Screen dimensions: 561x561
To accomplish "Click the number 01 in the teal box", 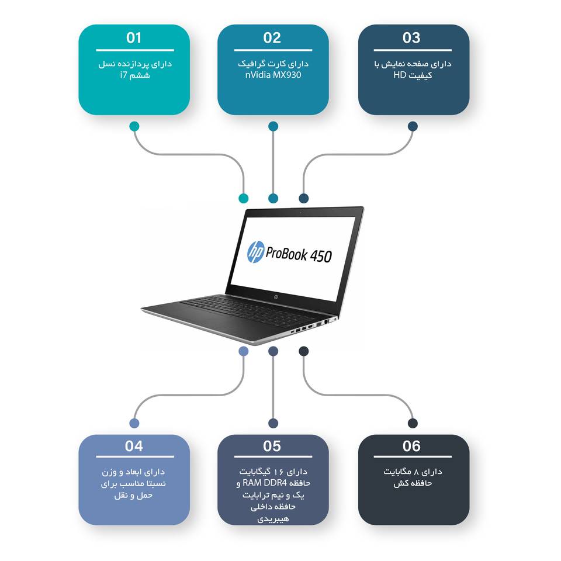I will pyautogui.click(x=134, y=39).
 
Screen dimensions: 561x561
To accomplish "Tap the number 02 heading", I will pyautogui.click(x=272, y=39).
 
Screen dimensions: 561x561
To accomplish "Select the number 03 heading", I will pyautogui.click(x=411, y=39).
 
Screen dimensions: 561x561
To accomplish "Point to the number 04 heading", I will pyautogui.click(x=134, y=446).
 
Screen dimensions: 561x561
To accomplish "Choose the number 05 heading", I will pyautogui.click(x=272, y=446).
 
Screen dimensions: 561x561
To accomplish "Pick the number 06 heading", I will pyautogui.click(x=411, y=446).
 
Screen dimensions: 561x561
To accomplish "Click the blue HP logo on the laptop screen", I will pyautogui.click(x=256, y=252).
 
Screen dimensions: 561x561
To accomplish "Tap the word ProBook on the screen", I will pyautogui.click(x=286, y=254).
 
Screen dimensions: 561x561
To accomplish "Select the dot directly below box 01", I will pyautogui.click(x=134, y=126).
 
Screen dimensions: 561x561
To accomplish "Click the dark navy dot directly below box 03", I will pyautogui.click(x=413, y=126).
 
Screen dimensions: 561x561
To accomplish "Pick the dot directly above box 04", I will pyautogui.click(x=134, y=423).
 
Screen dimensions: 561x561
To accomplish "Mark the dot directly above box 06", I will pyautogui.click(x=413, y=423).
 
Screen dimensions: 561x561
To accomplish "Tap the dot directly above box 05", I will pyautogui.click(x=273, y=423).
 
